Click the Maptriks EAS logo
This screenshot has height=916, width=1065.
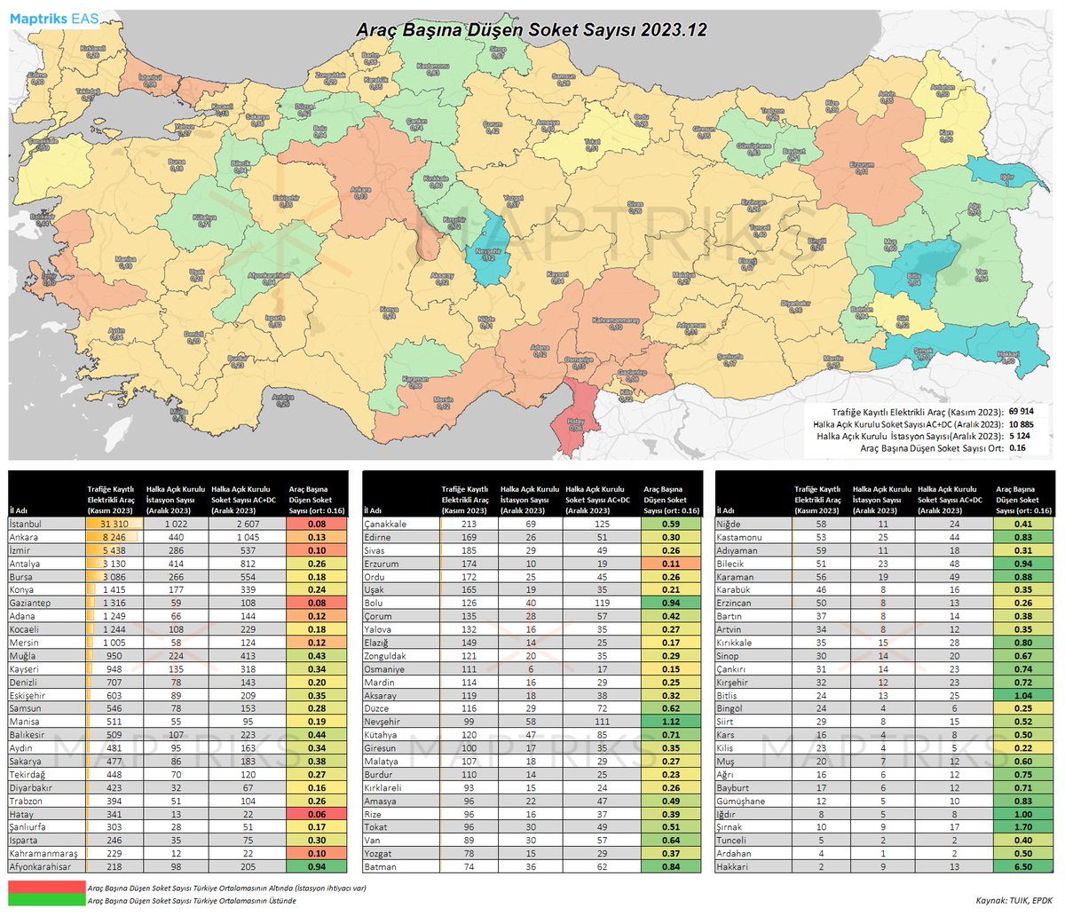[54, 18]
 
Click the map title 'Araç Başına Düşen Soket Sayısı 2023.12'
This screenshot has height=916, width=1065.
[531, 29]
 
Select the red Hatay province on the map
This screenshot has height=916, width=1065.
[574, 423]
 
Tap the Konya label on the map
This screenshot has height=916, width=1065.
[388, 313]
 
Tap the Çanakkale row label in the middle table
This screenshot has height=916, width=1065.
[385, 524]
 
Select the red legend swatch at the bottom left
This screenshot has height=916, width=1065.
[44, 887]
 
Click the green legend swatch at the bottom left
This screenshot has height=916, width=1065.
[44, 899]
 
